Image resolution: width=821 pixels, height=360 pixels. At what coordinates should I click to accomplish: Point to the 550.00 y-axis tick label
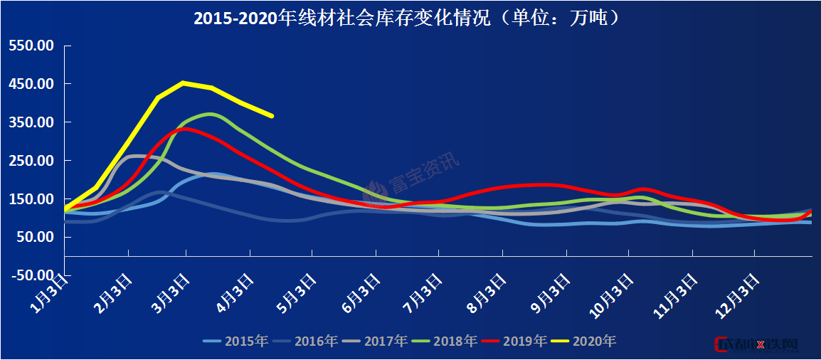(x=32, y=46)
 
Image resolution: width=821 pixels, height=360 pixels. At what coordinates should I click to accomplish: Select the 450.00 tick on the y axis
(x=32, y=84)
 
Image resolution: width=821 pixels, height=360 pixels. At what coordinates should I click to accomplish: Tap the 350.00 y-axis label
(x=32, y=122)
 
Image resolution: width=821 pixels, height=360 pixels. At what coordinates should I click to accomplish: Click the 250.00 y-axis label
(x=32, y=161)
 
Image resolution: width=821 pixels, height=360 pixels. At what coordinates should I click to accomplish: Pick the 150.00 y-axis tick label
(x=32, y=199)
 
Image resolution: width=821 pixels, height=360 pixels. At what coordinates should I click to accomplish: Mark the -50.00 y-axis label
(x=31, y=275)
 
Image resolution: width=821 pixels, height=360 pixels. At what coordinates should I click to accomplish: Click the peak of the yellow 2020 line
(x=184, y=83)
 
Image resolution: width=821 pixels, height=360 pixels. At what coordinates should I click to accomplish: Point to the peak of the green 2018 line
(x=211, y=113)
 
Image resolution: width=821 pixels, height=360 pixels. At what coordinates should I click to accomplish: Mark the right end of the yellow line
(x=272, y=116)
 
